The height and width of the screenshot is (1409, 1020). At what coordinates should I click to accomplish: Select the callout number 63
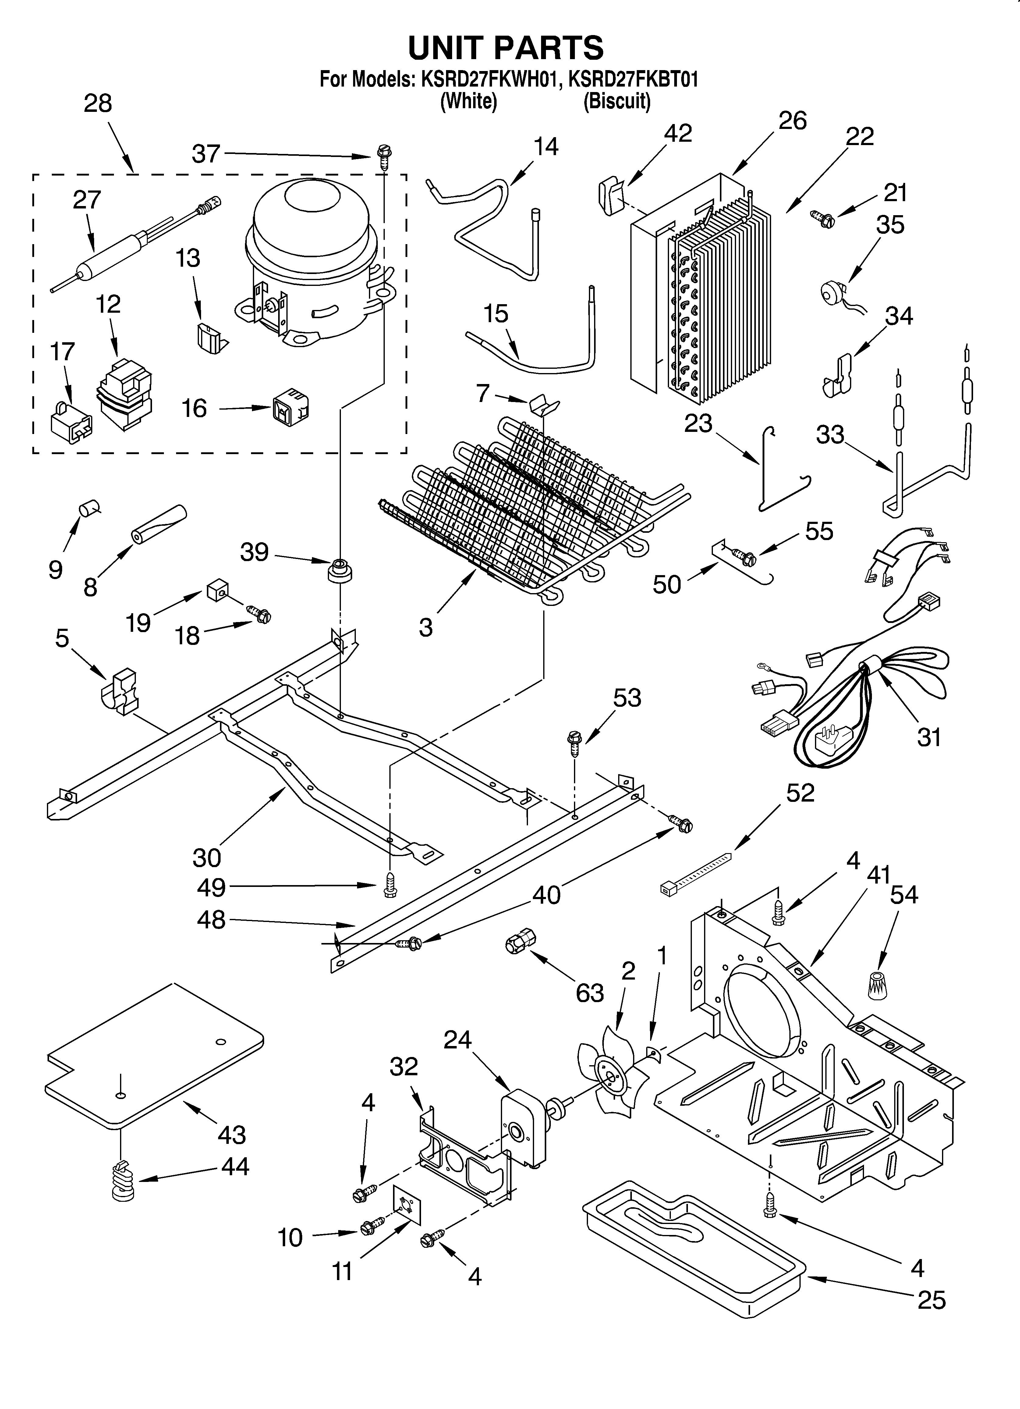coord(589,993)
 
